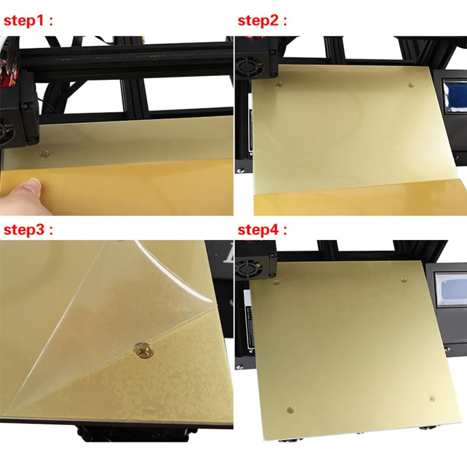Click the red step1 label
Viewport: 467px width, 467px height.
tap(28, 21)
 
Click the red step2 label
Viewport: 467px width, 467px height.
tap(262, 21)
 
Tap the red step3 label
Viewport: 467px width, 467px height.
tap(28, 230)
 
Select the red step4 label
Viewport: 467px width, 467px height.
tap(262, 230)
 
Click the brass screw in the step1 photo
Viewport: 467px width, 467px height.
tap(45, 154)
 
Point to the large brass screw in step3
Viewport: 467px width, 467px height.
tap(144, 350)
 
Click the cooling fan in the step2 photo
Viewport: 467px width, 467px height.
tap(249, 67)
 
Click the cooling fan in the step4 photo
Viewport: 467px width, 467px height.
tap(250, 270)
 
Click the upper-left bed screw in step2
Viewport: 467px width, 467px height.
tap(279, 85)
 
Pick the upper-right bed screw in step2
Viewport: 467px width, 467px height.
tap(410, 85)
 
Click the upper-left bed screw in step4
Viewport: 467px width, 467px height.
tap(276, 283)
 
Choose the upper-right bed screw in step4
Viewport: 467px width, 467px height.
tap(404, 280)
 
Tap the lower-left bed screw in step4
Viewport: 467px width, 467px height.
tap(290, 411)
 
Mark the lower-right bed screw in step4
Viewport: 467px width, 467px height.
tap(431, 399)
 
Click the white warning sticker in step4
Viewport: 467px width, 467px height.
tap(250, 322)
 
